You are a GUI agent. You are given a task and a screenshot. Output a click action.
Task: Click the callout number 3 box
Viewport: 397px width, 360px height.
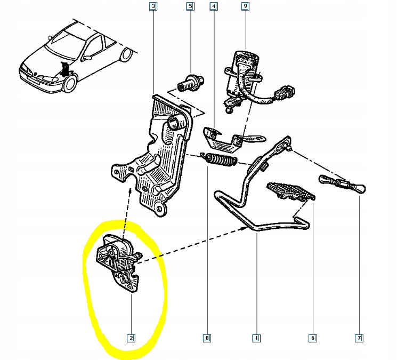153,6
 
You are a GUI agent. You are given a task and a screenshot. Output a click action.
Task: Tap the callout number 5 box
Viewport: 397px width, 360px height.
190,6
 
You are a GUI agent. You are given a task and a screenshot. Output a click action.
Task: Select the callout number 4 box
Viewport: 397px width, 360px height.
214,6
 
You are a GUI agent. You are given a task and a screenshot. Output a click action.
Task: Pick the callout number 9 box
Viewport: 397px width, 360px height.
245,6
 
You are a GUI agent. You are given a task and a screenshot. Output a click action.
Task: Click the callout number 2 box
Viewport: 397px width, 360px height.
131,338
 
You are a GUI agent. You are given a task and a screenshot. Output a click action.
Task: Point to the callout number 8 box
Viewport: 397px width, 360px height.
207,338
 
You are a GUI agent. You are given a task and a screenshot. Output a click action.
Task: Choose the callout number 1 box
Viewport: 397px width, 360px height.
256,338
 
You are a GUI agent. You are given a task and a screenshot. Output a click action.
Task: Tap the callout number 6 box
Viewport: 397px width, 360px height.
313,338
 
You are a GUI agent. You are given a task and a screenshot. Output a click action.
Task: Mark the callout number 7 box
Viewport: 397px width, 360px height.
359,338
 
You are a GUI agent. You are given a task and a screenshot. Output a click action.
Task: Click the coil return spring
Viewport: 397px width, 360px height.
219,159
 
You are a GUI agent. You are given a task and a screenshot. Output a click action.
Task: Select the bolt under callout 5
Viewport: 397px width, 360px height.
191,83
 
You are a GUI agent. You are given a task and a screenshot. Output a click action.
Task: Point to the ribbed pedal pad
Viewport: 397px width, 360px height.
291,190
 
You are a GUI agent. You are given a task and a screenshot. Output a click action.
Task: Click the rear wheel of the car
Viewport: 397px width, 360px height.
126,54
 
